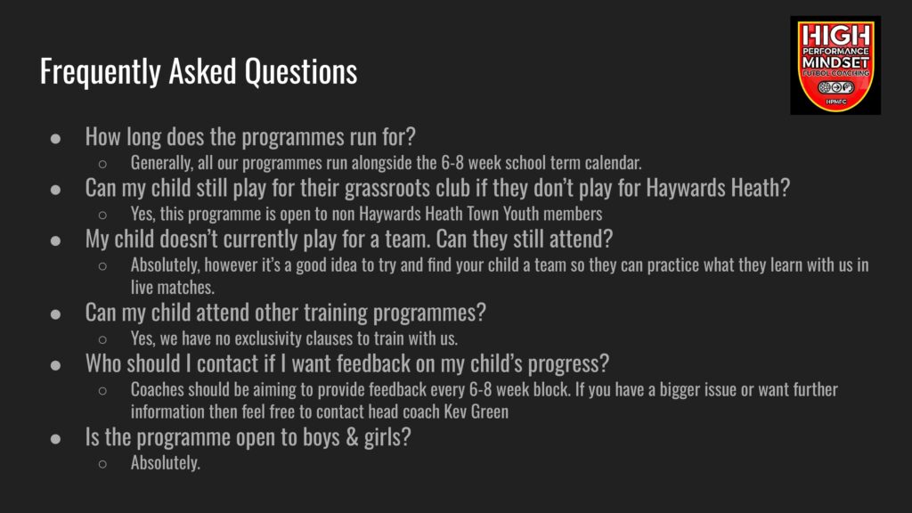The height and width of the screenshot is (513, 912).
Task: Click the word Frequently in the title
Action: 100,72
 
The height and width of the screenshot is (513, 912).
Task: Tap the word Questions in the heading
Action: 301,71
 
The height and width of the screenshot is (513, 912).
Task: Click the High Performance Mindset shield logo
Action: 835,64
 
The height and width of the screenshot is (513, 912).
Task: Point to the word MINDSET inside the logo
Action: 835,62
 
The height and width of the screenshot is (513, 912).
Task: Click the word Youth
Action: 521,214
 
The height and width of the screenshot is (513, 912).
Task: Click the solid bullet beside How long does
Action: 55,138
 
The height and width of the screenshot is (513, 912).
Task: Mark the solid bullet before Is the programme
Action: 55,438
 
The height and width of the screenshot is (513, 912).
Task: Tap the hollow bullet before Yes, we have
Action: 103,339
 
